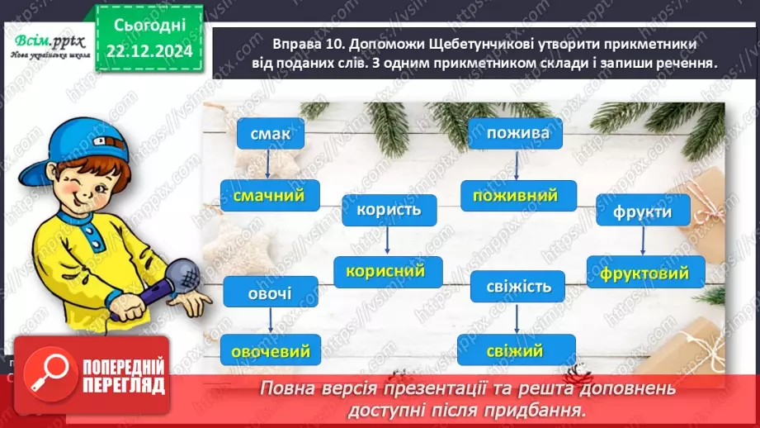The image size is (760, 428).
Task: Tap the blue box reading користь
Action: [x=389, y=210]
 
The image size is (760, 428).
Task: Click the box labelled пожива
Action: [x=516, y=133]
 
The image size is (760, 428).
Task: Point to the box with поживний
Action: [x=516, y=196]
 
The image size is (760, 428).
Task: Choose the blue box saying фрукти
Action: [x=643, y=212]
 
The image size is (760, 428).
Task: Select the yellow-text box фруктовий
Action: [x=646, y=272]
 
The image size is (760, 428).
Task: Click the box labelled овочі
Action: [x=270, y=292]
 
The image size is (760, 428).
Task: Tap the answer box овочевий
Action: [x=270, y=351]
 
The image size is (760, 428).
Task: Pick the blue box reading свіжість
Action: [x=517, y=288]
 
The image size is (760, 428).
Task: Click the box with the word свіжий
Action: [x=516, y=350]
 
